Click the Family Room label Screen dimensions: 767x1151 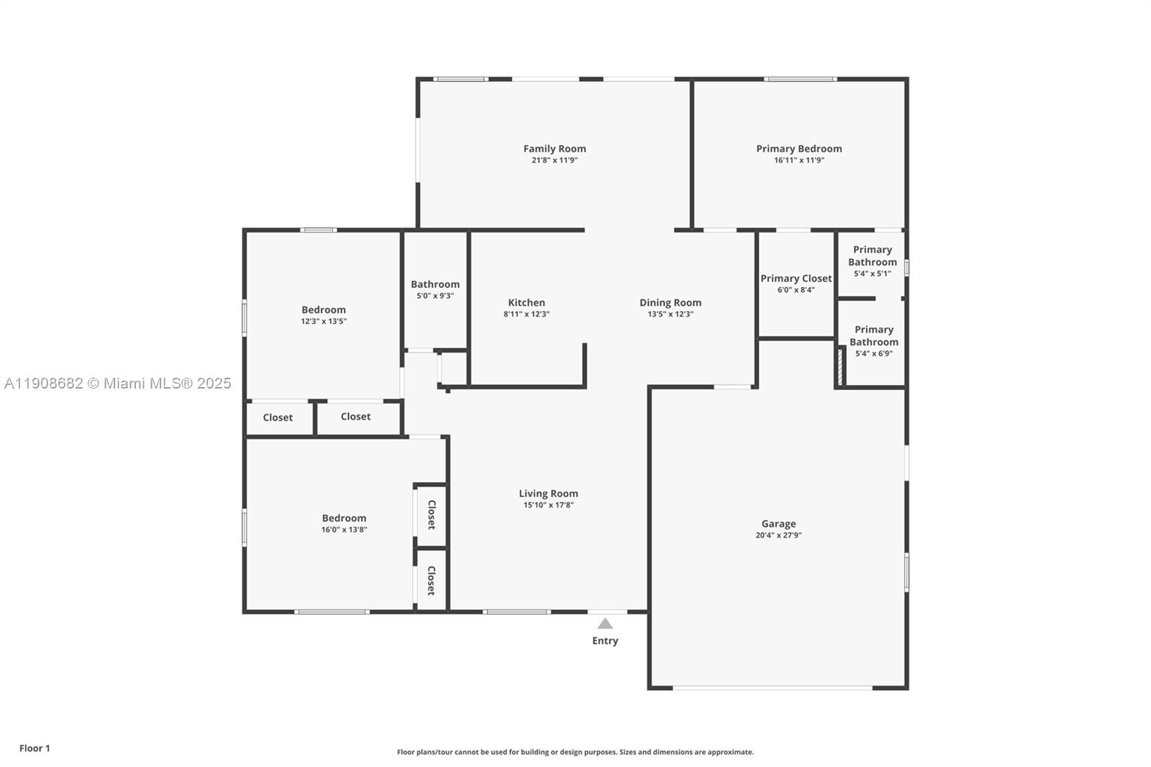(x=554, y=149)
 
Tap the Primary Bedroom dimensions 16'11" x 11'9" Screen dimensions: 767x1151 (x=799, y=160)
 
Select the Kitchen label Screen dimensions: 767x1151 (x=527, y=303)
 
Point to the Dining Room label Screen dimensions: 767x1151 (x=670, y=303)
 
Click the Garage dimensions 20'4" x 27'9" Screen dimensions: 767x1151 (x=778, y=535)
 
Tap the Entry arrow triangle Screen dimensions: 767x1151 (x=605, y=624)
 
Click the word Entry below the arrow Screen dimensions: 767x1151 (x=605, y=640)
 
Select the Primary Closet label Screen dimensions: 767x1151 (x=796, y=278)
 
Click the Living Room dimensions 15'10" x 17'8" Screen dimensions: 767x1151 (x=548, y=505)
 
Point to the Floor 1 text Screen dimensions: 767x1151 (x=35, y=748)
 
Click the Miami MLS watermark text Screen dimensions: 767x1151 (x=117, y=383)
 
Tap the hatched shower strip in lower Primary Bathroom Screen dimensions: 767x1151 (x=840, y=366)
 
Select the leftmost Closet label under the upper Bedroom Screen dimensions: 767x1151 (x=278, y=417)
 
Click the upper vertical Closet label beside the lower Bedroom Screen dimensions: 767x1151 (x=432, y=514)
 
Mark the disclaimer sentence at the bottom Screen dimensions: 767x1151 (x=575, y=752)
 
